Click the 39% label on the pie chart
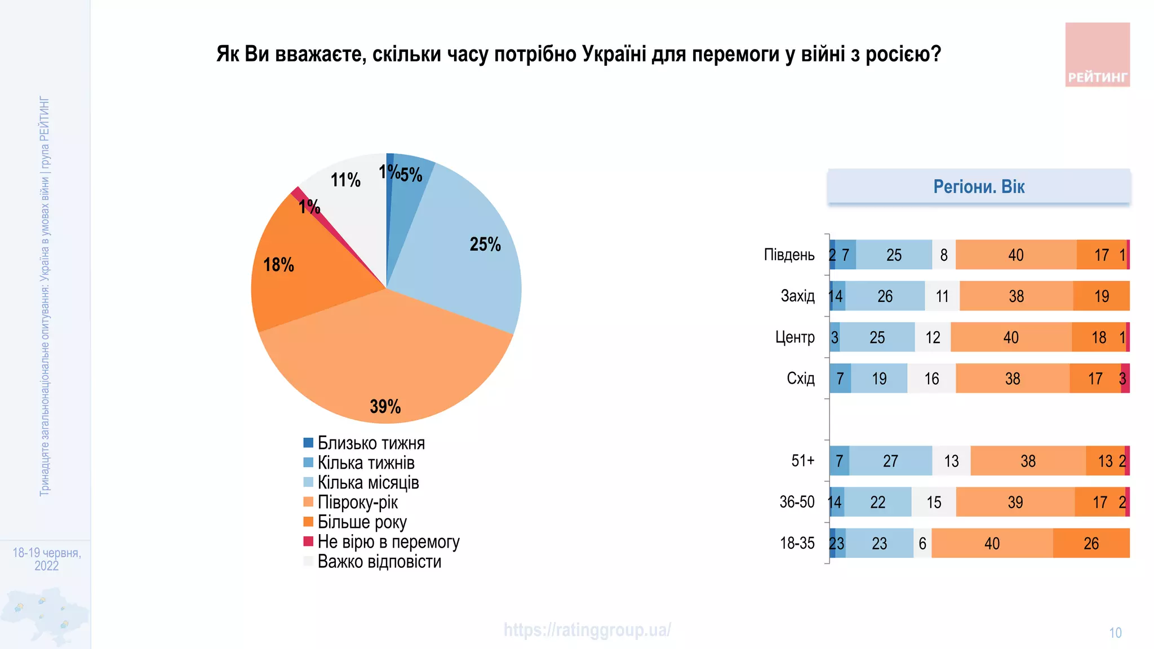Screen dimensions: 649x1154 (385, 406)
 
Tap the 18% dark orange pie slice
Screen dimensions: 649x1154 (304, 276)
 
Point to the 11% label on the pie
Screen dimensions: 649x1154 (345, 180)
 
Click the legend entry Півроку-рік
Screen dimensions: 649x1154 (357, 502)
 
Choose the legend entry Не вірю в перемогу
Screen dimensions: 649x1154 (388, 541)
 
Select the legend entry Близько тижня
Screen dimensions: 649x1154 (371, 443)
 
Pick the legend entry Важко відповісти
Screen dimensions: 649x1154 (379, 562)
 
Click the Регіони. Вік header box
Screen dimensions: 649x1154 (979, 186)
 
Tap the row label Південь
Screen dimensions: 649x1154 (789, 255)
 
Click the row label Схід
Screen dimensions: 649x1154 (800, 378)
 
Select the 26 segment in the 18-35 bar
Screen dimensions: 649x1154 (1091, 544)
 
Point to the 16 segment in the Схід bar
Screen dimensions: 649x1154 (931, 379)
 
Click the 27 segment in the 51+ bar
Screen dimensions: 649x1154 (890, 461)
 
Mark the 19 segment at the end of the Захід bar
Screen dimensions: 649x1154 (1101, 296)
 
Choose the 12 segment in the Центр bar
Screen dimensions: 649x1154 (933, 337)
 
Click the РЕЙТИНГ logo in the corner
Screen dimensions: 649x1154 (1097, 55)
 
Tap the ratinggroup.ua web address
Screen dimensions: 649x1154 (587, 630)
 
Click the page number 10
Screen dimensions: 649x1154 (1115, 633)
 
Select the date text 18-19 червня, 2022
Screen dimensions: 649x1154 (47, 559)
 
